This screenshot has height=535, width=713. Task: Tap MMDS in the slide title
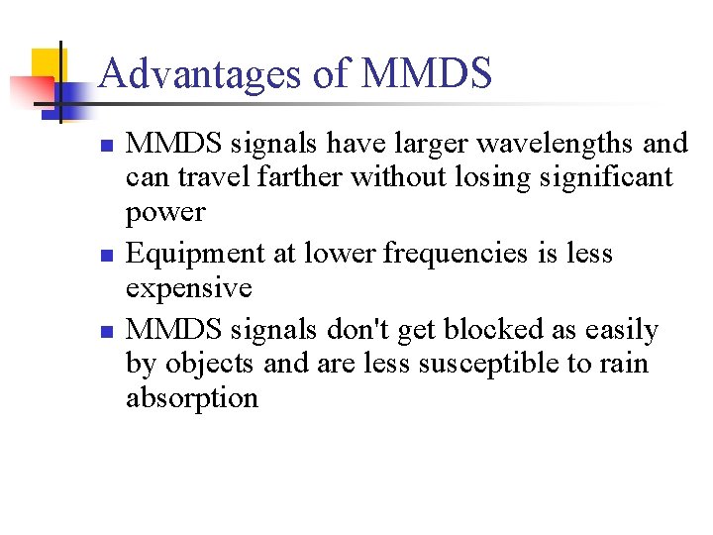coord(427,74)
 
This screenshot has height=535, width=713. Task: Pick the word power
coord(165,213)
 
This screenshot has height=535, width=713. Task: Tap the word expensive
coord(189,288)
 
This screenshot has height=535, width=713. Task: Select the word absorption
coord(192,398)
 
